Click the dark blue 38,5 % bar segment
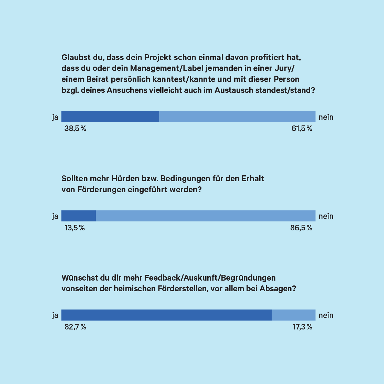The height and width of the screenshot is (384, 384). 110,117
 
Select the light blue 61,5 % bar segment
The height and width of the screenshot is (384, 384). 237,117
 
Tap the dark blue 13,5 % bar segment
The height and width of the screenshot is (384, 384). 78,216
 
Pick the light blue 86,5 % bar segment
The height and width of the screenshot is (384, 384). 205,216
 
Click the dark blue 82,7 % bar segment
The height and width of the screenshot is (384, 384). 166,315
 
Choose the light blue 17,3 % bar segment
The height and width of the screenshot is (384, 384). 293,315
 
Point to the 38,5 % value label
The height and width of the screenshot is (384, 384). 75,129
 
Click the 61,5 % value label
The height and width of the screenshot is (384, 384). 302,129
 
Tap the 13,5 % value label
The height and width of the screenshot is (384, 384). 74,228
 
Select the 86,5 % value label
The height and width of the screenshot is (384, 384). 301,228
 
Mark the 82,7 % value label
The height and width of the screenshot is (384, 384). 75,327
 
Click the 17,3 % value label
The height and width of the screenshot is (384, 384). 302,327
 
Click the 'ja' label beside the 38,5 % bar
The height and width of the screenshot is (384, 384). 55,117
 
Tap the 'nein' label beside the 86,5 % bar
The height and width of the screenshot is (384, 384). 326,216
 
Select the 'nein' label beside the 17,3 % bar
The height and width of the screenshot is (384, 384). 326,315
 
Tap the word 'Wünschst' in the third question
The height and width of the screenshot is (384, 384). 78,278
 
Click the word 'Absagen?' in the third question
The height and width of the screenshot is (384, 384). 278,289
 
